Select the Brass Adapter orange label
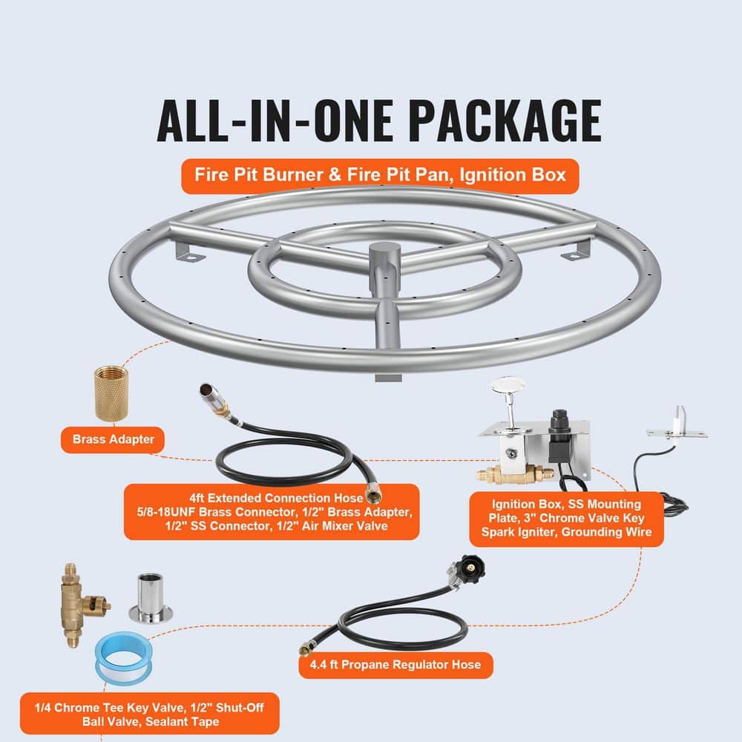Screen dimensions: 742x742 [114, 439]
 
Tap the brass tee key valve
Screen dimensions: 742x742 [81, 603]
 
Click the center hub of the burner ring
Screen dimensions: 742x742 [384, 256]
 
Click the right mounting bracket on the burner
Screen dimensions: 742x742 [579, 252]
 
